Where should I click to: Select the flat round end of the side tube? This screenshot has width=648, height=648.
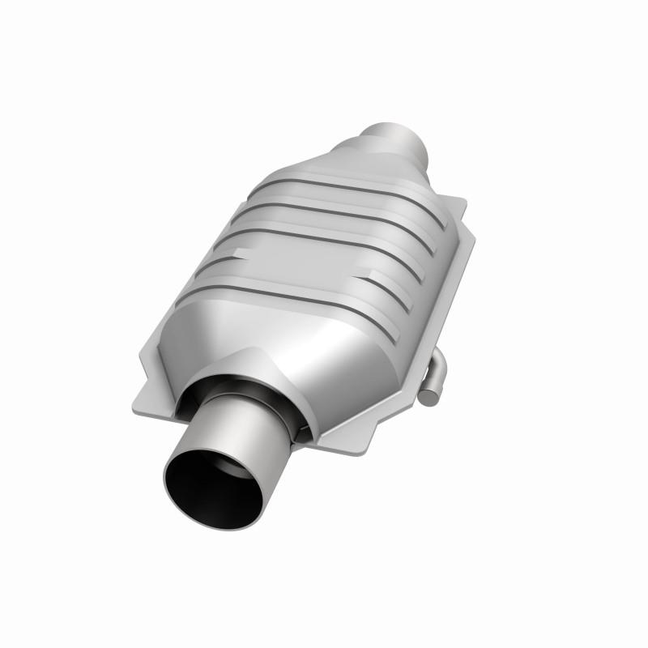431,395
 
